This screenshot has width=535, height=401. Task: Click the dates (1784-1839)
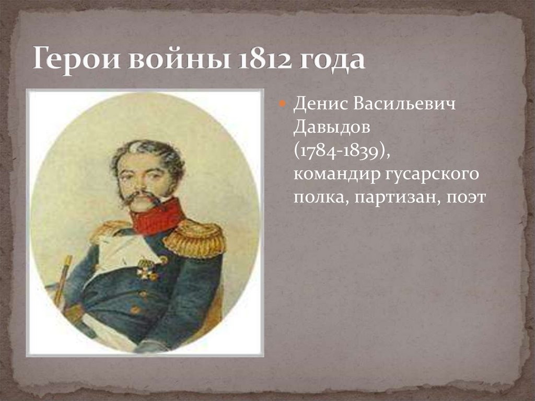pos(342,151)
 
